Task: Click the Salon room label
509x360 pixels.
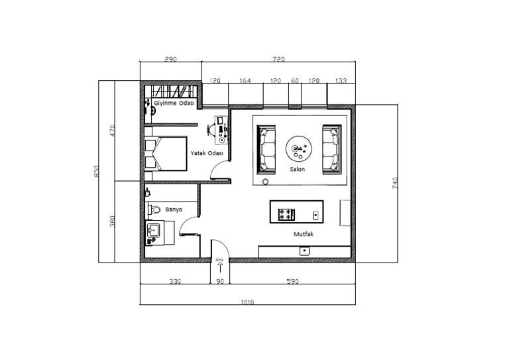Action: click(x=297, y=169)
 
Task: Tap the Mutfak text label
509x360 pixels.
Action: click(x=303, y=234)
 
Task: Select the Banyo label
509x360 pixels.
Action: click(x=174, y=209)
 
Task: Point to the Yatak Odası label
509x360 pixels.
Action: click(x=206, y=152)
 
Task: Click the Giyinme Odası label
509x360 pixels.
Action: click(x=174, y=104)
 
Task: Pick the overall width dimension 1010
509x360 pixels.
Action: click(x=247, y=302)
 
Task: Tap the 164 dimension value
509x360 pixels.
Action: click(x=245, y=81)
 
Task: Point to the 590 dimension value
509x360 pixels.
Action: click(x=292, y=282)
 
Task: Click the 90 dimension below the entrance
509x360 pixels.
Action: click(x=220, y=282)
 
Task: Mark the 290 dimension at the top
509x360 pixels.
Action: click(x=170, y=60)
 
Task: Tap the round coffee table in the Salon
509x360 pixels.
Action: click(x=298, y=149)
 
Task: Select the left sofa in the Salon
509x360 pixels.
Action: click(x=268, y=149)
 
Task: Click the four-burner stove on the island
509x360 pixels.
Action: click(x=286, y=214)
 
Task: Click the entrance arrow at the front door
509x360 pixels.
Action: click(x=219, y=267)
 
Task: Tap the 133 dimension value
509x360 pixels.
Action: click(x=341, y=81)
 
